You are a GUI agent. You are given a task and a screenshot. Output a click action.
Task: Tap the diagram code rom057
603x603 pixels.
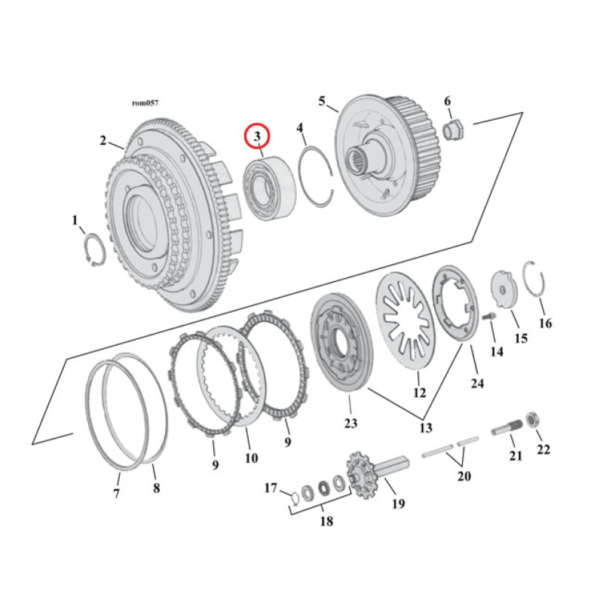[145, 103]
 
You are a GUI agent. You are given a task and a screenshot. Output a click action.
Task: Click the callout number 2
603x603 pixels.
[103, 139]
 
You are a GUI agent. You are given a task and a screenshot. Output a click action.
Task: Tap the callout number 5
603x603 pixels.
[322, 101]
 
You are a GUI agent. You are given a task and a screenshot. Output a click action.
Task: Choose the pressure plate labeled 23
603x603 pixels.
[341, 346]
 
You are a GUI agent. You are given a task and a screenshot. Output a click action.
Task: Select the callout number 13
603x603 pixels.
[426, 427]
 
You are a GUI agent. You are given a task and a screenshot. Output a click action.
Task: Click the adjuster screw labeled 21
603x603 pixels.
[507, 430]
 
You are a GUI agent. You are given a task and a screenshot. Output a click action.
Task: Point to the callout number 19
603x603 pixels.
[398, 503]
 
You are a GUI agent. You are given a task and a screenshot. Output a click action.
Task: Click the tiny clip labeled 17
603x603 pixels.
[293, 495]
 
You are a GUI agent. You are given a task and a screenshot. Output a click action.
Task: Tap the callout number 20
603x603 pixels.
[464, 476]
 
